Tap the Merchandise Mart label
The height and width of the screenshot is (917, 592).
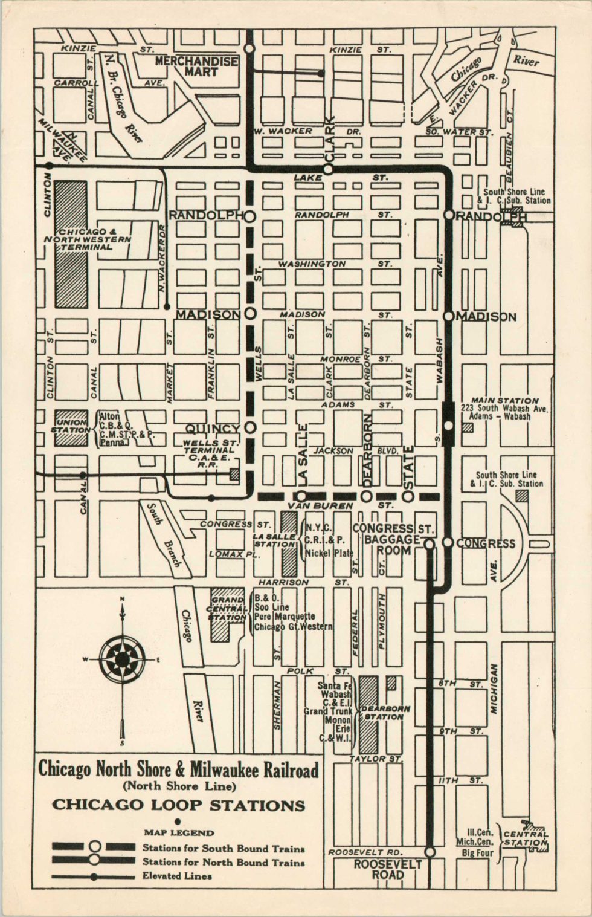[196, 66]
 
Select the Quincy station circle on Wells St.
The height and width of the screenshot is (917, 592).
[251, 427]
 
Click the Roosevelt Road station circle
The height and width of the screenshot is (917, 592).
[430, 852]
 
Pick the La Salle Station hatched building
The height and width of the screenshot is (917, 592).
[289, 544]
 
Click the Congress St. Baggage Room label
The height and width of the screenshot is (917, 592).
[393, 539]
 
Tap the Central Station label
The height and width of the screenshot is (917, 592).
[526, 838]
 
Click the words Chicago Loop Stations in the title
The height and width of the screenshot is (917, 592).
[178, 805]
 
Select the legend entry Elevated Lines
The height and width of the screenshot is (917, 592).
[177, 876]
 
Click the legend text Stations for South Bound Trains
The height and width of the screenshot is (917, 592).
[224, 849]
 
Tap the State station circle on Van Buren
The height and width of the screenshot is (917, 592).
[408, 496]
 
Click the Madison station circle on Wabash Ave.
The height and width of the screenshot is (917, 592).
[448, 316]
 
